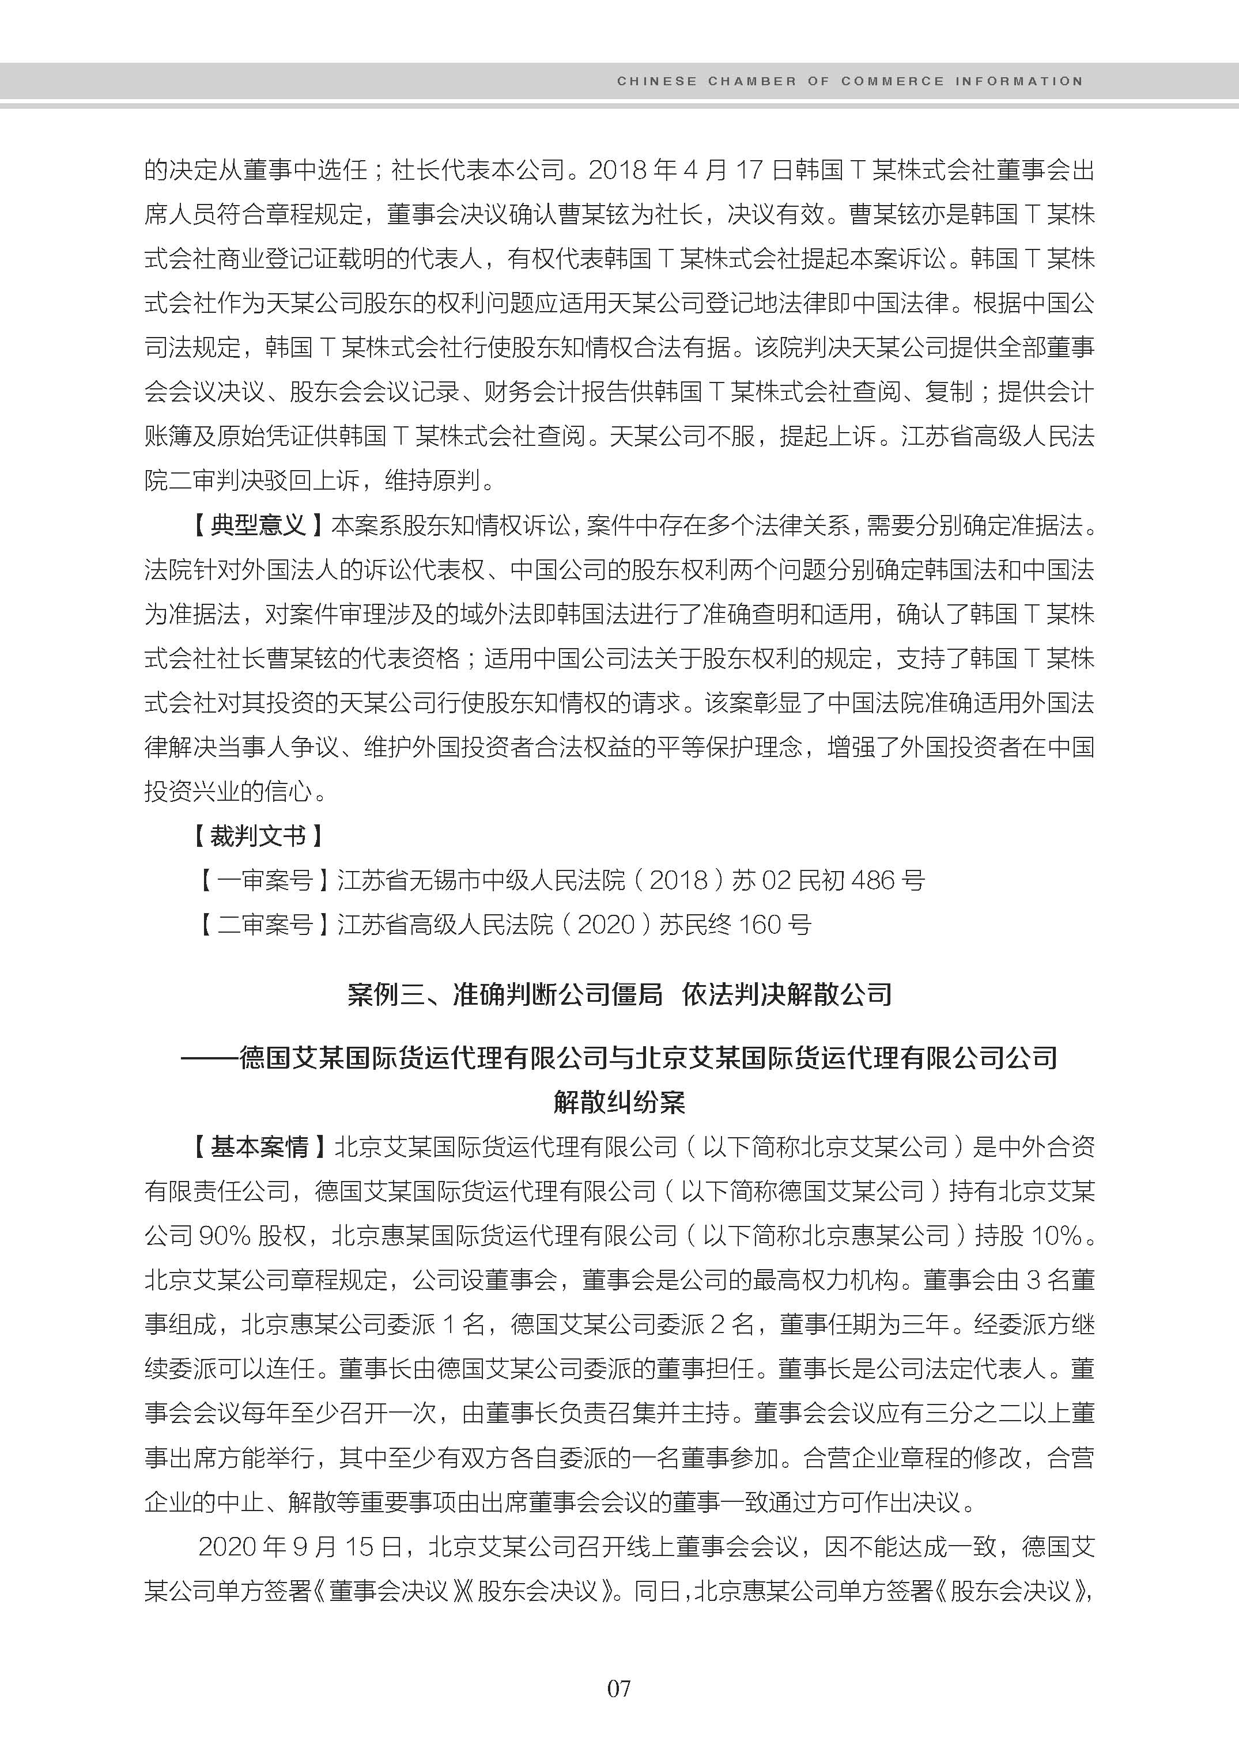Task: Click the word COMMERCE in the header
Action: [893, 81]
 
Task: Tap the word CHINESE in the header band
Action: [657, 81]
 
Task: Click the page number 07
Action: [619, 1688]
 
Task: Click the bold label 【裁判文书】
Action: [257, 836]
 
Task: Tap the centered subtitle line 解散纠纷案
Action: [619, 1101]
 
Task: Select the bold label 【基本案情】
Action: [257, 1146]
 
